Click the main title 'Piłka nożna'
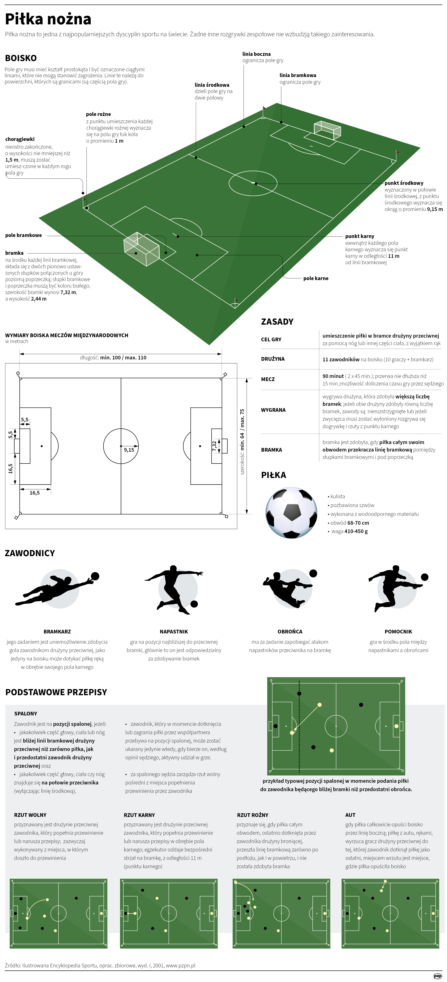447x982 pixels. (x=48, y=19)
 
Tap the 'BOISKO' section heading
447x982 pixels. (x=21, y=58)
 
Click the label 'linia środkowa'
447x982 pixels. (x=212, y=85)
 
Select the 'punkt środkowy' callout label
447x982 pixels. (x=404, y=183)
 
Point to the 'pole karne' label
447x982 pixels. (x=316, y=278)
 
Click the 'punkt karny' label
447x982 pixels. (x=360, y=236)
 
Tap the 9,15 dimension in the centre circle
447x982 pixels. (x=129, y=450)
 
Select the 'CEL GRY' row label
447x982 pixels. (x=271, y=339)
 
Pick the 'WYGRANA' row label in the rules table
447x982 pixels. (x=273, y=410)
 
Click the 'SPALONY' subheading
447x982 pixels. (x=26, y=714)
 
